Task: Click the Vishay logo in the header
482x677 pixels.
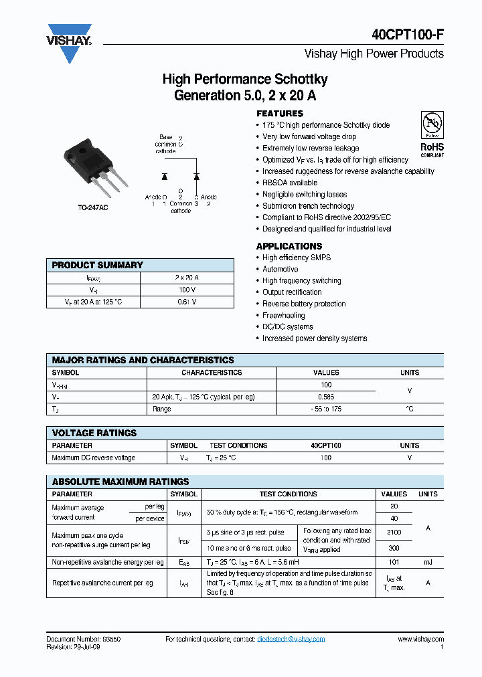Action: point(69,41)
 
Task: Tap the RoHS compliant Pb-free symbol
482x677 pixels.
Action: point(432,125)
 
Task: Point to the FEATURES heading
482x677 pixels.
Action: point(280,114)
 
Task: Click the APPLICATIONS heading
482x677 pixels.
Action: point(289,246)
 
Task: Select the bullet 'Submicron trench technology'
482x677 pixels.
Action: point(308,206)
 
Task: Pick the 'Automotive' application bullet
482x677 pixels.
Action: point(280,269)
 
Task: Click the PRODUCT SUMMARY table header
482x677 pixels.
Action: point(98,265)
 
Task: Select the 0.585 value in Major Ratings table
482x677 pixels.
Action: point(326,397)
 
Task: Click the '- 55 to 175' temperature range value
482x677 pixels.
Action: point(326,409)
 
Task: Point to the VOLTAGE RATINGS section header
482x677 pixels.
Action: point(94,433)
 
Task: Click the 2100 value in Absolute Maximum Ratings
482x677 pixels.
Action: point(394,532)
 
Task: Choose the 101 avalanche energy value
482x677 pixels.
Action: point(394,563)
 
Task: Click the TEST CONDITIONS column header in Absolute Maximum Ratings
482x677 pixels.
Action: point(288,494)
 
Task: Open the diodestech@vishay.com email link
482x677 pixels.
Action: point(291,639)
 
